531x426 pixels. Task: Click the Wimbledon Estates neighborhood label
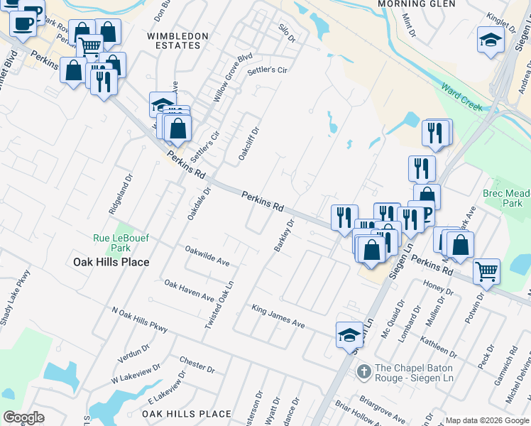(177, 40)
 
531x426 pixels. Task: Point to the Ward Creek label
(461, 98)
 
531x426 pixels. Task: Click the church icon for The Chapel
(363, 371)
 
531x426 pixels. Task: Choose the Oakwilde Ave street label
(207, 256)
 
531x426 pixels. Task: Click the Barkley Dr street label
(284, 236)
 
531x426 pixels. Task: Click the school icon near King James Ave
(349, 334)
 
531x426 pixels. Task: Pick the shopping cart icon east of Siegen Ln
(486, 271)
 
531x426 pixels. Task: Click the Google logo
(23, 417)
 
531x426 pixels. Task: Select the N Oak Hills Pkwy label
(140, 319)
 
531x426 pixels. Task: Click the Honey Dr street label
(433, 285)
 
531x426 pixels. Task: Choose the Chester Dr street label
(197, 365)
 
